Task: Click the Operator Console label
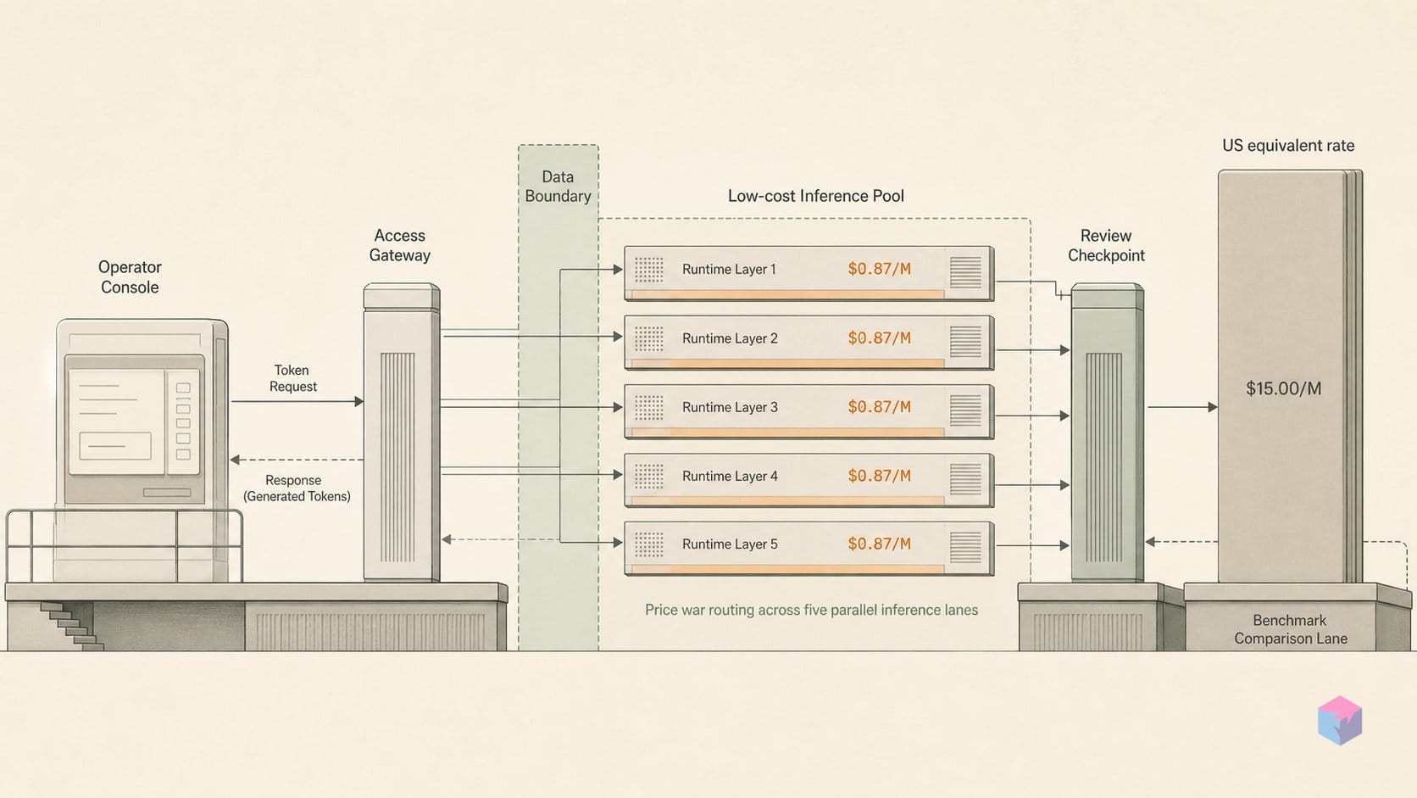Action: [130, 277]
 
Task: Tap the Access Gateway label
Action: [400, 246]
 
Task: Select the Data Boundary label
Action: [558, 187]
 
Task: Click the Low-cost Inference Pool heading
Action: [815, 196]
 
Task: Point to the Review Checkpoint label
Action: [1106, 246]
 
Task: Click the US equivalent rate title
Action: [1288, 146]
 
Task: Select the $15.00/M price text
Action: [1284, 388]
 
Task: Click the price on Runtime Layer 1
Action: [880, 269]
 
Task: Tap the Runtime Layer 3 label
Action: [730, 408]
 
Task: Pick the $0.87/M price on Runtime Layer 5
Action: [880, 544]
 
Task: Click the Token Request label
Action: [293, 378]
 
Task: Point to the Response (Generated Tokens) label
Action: [297, 488]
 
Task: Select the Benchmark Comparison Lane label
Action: [1291, 630]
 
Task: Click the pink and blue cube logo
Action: [1340, 721]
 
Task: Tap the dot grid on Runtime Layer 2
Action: [648, 339]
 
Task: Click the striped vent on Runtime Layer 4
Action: [965, 478]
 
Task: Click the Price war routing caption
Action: [811, 610]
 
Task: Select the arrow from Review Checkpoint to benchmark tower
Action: [1182, 407]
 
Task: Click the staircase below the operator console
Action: [71, 626]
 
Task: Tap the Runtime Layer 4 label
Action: [730, 477]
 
